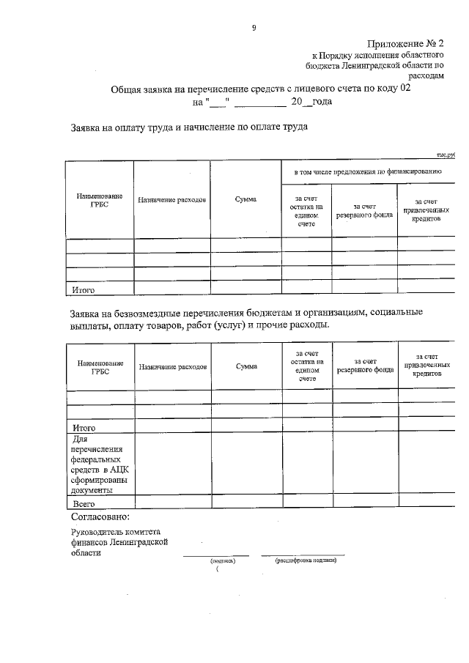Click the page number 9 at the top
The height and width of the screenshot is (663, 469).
point(254,28)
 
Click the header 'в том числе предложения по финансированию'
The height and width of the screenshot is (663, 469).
point(367,171)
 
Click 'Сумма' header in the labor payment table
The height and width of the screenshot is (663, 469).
point(245,200)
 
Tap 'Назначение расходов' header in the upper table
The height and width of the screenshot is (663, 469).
point(172,200)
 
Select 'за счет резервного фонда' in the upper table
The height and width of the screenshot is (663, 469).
point(364,211)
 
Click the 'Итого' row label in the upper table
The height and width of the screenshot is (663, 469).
point(83,291)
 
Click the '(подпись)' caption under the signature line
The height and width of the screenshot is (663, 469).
point(222,561)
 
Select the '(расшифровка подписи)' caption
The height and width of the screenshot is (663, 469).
point(306,561)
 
